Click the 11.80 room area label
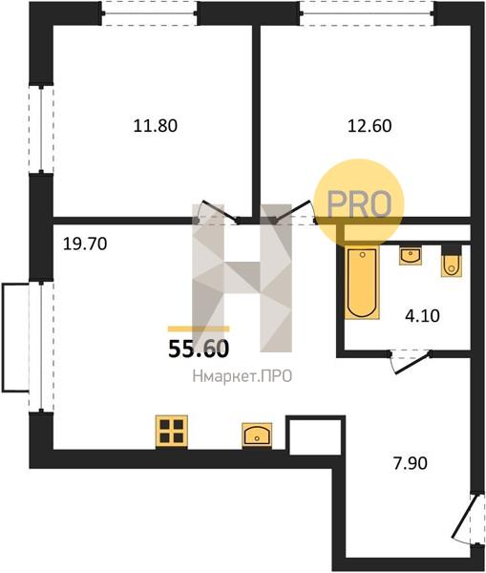click(156, 126)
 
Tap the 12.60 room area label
click(370, 126)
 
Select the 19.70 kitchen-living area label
click(85, 244)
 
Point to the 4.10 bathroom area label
click(422, 315)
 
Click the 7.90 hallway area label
click(410, 463)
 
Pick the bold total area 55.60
click(199, 349)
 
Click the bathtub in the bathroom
click(362, 283)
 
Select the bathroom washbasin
click(411, 255)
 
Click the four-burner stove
click(172, 432)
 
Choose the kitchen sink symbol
click(257, 435)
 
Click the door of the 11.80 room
click(218, 212)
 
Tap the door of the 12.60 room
click(294, 212)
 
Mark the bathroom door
click(410, 363)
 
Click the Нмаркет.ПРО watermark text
click(243, 376)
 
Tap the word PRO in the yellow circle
click(359, 204)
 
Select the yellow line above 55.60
click(199, 329)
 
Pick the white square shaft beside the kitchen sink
click(315, 436)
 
